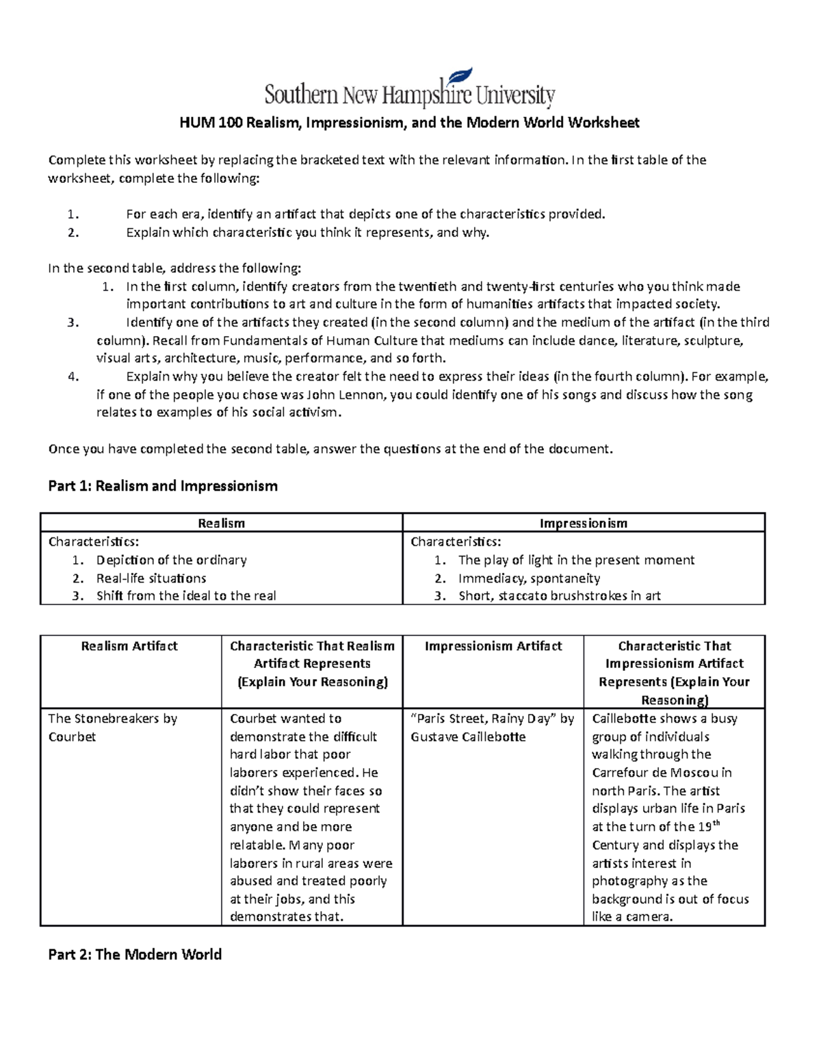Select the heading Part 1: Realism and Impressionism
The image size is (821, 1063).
(163, 486)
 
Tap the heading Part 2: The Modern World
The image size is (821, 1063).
(135, 954)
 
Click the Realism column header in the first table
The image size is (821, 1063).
(221, 524)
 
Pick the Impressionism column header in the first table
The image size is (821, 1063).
(583, 524)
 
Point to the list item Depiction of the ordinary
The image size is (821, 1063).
(171, 560)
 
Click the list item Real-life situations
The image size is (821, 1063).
(151, 578)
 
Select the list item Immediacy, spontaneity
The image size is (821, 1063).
(529, 578)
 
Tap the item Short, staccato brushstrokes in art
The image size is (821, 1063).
(559, 596)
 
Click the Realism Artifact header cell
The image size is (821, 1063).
(129, 646)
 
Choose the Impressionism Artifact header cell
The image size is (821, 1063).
(493, 646)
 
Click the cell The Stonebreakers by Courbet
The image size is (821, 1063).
(112, 728)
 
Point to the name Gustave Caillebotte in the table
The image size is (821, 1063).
(468, 737)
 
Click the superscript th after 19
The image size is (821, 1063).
(717, 823)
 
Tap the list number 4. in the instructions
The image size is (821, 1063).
(74, 376)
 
